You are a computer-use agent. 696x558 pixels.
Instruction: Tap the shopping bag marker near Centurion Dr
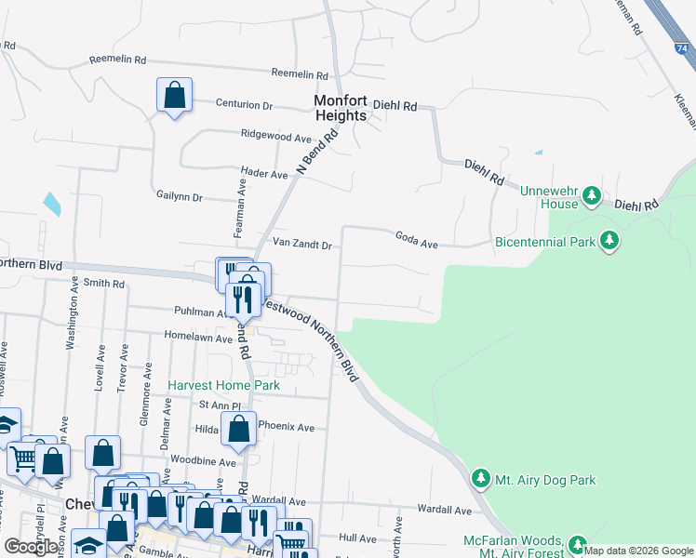point(174,95)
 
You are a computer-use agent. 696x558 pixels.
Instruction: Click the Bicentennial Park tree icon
point(609,241)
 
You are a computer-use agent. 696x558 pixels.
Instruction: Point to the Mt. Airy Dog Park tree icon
point(481,479)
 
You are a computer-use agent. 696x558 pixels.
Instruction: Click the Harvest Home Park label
point(223,385)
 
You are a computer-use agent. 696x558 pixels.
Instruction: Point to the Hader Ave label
point(264,173)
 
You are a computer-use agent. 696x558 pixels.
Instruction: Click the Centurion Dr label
point(244,105)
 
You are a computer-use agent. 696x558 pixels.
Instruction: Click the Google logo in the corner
point(32,546)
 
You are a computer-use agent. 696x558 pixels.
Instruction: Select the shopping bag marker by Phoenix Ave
point(239,429)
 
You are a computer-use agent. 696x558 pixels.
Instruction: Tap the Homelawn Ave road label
point(197,339)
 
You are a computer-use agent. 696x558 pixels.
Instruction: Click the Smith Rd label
point(103,283)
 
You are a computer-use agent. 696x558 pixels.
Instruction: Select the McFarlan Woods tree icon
point(578,543)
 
